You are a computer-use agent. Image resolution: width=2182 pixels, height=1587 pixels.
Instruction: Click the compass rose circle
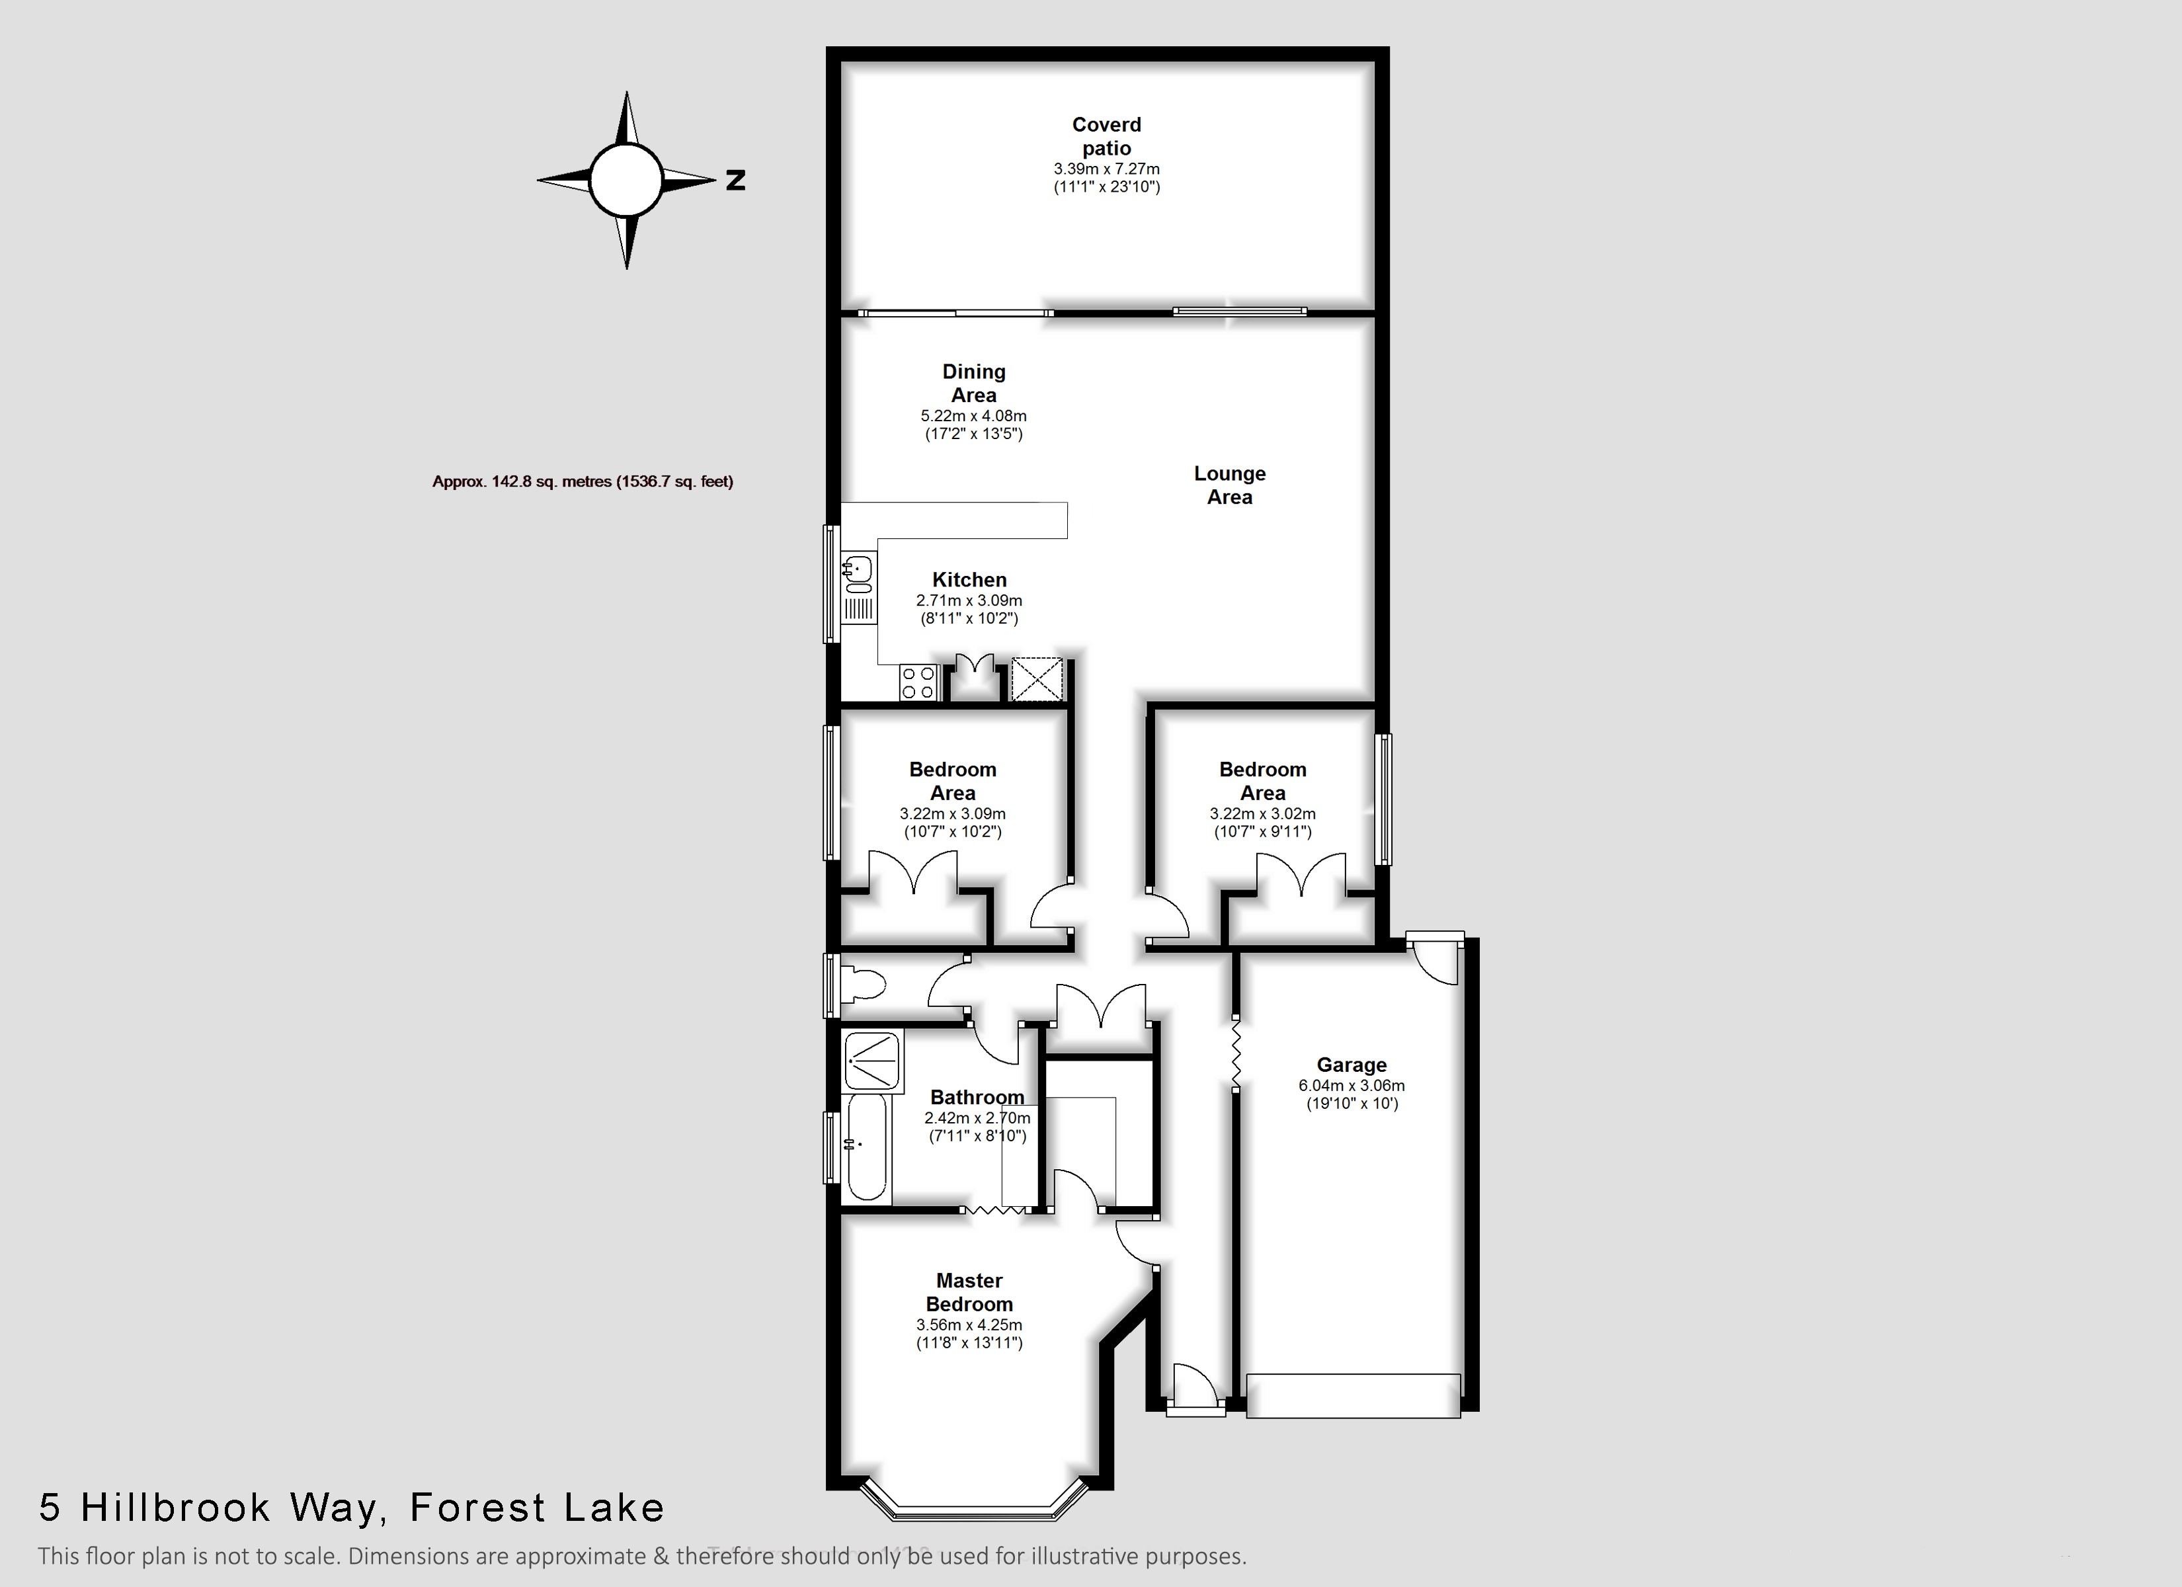[626, 180]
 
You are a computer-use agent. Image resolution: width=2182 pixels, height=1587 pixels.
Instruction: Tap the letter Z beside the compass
[735, 180]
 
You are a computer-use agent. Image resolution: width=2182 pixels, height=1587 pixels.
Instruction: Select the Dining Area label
[973, 383]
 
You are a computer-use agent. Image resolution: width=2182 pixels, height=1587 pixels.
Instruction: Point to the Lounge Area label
[1230, 485]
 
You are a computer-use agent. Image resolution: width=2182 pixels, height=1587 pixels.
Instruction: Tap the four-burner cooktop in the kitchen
[919, 682]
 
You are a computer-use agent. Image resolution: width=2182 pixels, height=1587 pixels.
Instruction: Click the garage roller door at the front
[1354, 1395]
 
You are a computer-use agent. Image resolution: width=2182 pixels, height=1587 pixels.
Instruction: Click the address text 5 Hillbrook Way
[207, 1507]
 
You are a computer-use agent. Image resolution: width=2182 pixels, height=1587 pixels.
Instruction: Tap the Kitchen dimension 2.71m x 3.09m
[969, 600]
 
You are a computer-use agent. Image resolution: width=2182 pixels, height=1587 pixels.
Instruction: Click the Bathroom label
[977, 1097]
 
